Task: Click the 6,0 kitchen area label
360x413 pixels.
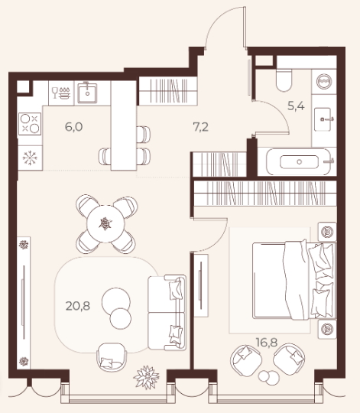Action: (73, 127)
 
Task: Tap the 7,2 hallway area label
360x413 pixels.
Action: (201, 127)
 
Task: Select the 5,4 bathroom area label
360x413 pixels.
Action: (296, 106)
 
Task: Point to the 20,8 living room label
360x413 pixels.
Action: (78, 306)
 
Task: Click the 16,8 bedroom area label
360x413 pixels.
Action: (267, 342)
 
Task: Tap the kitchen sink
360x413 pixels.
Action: (87, 93)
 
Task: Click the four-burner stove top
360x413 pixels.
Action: (30, 124)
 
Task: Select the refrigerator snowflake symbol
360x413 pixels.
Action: (30, 158)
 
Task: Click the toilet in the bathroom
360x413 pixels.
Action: (284, 78)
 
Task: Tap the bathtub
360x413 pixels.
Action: (299, 161)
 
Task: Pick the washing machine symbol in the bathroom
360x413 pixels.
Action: (324, 81)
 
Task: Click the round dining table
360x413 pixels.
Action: (105, 223)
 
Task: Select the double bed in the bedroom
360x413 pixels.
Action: (294, 281)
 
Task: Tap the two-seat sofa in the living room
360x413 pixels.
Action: (167, 313)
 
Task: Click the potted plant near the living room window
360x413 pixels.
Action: (147, 377)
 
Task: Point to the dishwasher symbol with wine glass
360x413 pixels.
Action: (61, 93)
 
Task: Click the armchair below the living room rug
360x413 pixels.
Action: (112, 357)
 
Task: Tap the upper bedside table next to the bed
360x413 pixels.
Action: (327, 232)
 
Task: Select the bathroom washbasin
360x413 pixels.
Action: (323, 119)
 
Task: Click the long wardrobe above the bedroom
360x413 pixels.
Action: (265, 193)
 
